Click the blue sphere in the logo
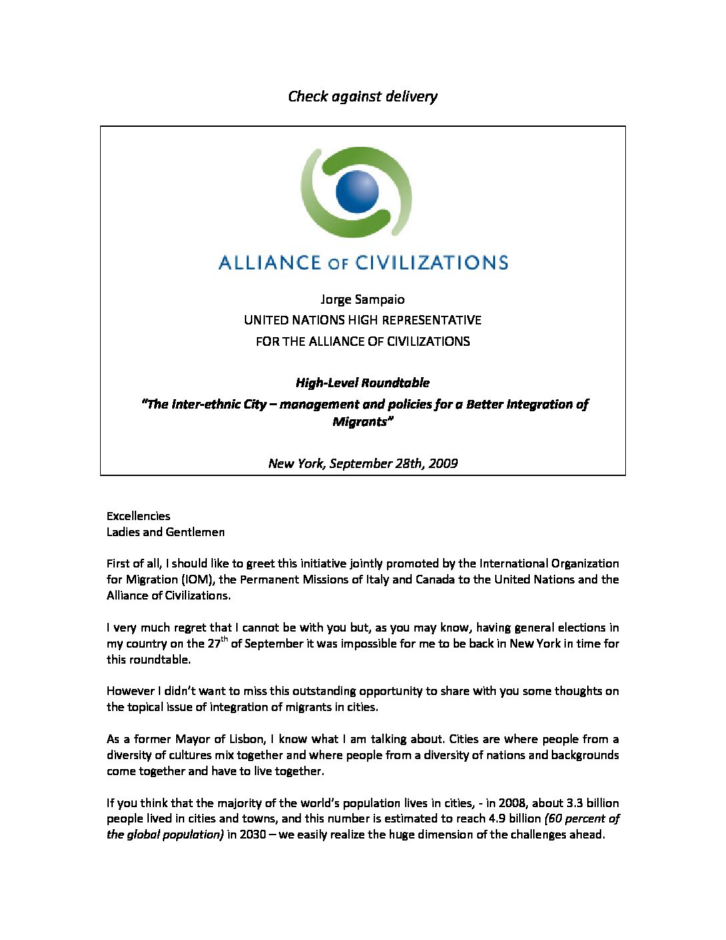pyautogui.click(x=356, y=191)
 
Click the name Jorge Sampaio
pyautogui.click(x=362, y=299)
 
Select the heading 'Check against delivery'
pyautogui.click(x=362, y=96)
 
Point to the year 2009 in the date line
pyautogui.click(x=443, y=463)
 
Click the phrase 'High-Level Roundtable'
pyautogui.click(x=362, y=383)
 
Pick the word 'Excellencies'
pyautogui.click(x=138, y=516)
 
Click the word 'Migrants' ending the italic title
pyautogui.click(x=360, y=422)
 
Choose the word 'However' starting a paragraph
pyautogui.click(x=130, y=691)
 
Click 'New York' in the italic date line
pyautogui.click(x=295, y=463)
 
